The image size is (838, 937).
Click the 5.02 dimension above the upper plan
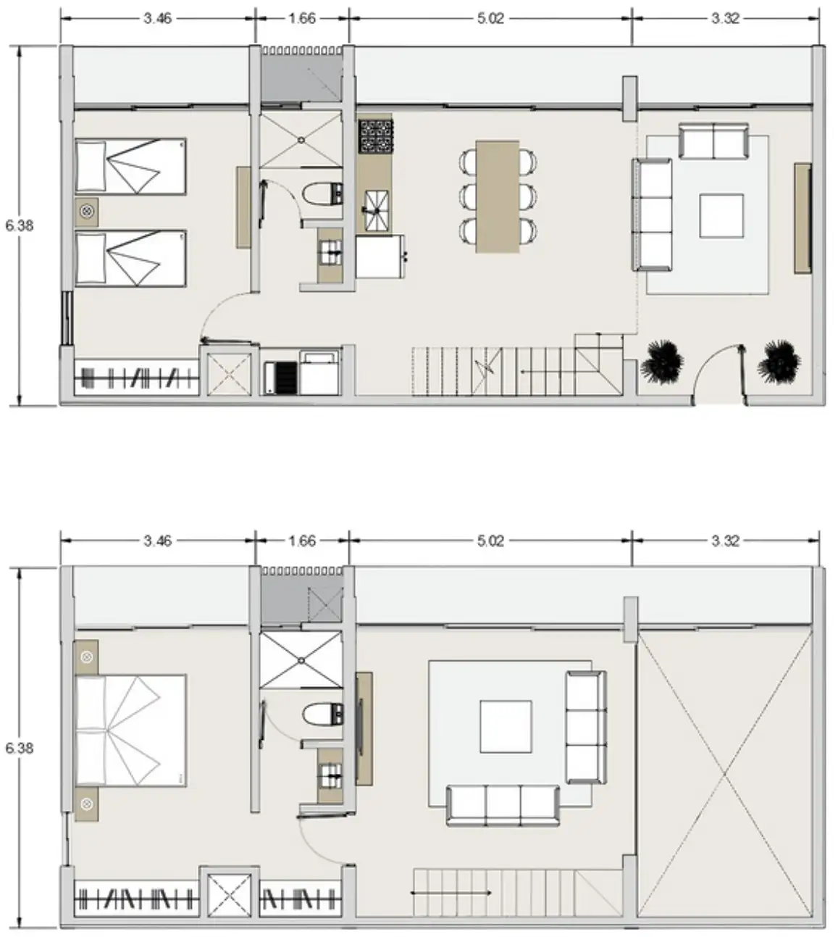(490, 19)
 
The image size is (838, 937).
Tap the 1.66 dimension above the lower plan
(302, 541)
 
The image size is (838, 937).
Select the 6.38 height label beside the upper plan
(19, 225)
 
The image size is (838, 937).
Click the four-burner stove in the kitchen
(376, 136)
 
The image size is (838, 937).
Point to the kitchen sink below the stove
(377, 211)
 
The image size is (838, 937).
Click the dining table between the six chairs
(498, 197)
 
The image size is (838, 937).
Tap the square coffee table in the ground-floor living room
(721, 216)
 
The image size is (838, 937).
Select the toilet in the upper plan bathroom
(322, 193)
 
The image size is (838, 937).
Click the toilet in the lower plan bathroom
(322, 714)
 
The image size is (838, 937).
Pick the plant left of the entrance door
(662, 362)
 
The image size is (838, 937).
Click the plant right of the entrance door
(779, 362)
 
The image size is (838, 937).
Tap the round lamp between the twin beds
(86, 212)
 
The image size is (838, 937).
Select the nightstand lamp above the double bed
(86, 657)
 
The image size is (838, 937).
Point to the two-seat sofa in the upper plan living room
(713, 141)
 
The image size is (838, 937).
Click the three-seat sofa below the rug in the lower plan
(503, 805)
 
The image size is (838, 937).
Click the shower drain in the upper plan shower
(301, 140)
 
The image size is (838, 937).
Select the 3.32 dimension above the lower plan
(725, 541)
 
